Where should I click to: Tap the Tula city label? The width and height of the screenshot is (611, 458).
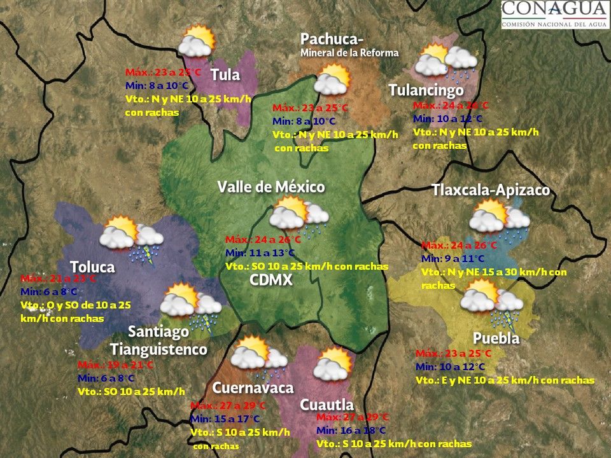(225, 75)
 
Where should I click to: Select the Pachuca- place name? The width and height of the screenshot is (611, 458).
(331, 39)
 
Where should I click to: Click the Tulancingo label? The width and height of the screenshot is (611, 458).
(426, 91)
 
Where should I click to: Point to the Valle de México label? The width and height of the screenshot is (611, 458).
(271, 187)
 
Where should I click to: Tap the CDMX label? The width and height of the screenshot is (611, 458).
(270, 280)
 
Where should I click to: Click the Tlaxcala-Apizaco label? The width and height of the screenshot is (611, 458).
(490, 190)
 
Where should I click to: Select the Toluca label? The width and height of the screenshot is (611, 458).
(92, 267)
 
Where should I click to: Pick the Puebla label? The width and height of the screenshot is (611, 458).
(496, 338)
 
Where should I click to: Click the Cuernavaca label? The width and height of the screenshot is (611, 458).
(253, 388)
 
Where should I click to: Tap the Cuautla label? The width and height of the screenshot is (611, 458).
(327, 405)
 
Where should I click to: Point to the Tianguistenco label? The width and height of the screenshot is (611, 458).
(158, 349)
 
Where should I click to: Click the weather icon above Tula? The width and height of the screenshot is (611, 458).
(196, 41)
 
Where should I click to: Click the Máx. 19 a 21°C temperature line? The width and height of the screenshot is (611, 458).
(115, 365)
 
